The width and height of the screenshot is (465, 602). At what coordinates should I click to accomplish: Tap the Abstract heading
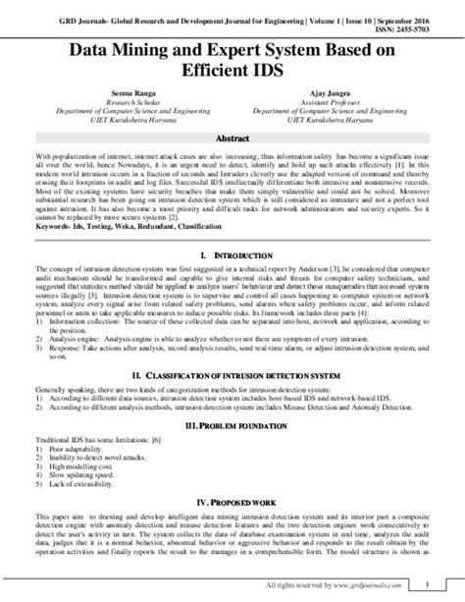tap(232, 138)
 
